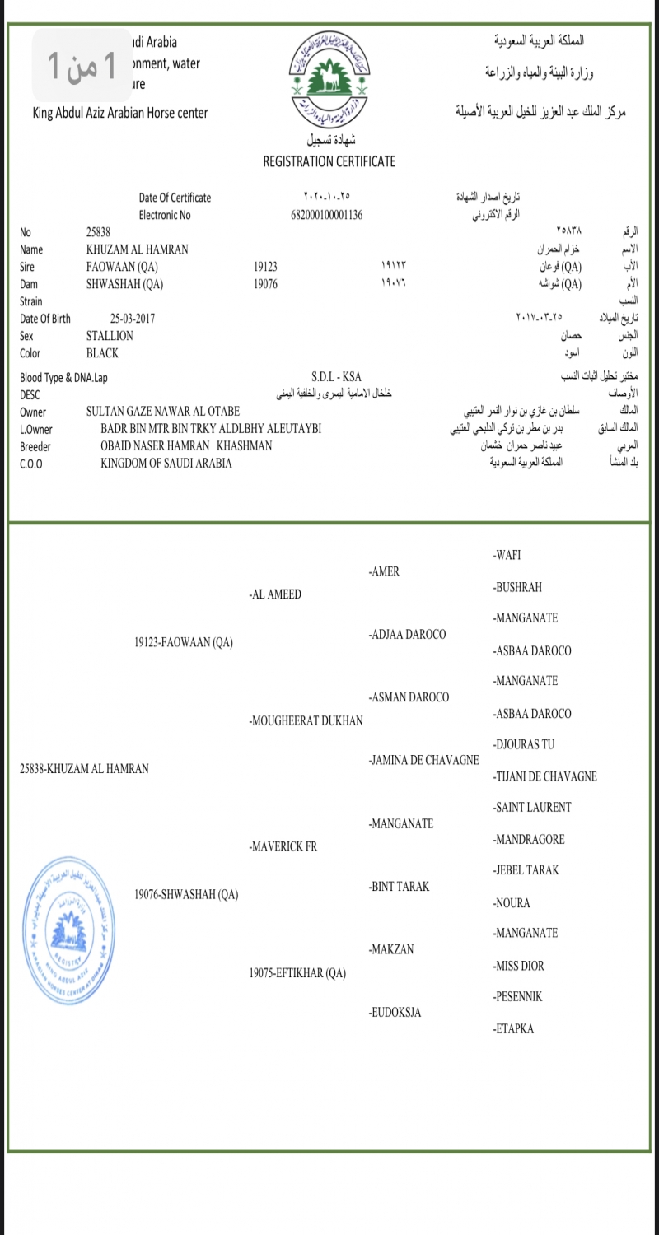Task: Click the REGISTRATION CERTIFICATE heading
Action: tap(329, 161)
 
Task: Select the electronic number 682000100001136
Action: tap(327, 215)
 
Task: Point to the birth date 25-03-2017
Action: tap(133, 319)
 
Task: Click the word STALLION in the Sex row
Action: tap(110, 336)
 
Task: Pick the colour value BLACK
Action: tap(102, 353)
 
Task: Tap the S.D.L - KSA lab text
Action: tap(336, 377)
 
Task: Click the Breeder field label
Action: tap(35, 446)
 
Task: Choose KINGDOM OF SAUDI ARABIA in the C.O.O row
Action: tap(166, 463)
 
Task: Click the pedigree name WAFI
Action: tap(507, 555)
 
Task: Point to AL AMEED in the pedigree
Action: tap(275, 594)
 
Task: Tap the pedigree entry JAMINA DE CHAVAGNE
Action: tap(424, 760)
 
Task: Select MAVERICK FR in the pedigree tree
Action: tap(283, 846)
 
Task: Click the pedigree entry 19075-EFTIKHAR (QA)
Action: tap(297, 973)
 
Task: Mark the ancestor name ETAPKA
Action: tap(513, 1028)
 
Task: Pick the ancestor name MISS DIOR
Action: tap(518, 966)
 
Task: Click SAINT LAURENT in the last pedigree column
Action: tap(531, 808)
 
